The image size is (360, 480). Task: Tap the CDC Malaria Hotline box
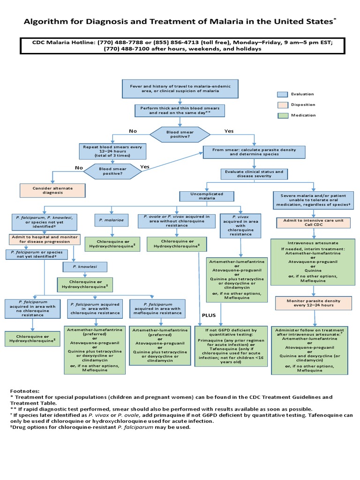tap(180, 45)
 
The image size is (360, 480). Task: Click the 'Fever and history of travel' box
tap(180, 90)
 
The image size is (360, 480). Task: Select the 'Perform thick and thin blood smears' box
tap(180, 110)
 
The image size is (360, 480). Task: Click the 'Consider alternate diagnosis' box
tap(53, 190)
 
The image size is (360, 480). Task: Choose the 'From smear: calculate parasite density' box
tap(254, 152)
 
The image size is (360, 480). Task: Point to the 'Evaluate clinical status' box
tap(253, 174)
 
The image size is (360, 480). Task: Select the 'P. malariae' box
tap(111, 220)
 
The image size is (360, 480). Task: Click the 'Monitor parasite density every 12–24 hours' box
tap(314, 302)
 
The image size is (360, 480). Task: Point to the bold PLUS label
tap(209, 315)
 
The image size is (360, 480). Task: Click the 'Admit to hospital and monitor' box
tap(42, 240)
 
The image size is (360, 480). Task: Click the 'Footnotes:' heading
tap(25, 390)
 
